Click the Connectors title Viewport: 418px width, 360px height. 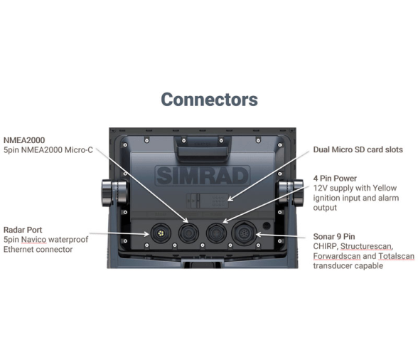209,100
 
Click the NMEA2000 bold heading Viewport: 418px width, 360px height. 24,140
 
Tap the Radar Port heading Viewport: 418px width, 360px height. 23,230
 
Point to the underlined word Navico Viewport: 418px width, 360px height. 33,240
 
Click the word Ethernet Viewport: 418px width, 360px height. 18,250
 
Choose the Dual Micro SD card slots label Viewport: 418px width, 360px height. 358,149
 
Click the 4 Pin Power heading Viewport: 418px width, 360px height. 335,179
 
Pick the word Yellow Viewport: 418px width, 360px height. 385,188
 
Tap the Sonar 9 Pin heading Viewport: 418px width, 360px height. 334,236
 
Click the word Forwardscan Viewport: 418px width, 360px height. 337,256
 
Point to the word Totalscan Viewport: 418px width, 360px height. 396,256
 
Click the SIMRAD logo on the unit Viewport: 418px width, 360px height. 203,176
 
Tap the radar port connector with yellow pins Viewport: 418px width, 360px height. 161,233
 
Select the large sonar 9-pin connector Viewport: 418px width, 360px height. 244,233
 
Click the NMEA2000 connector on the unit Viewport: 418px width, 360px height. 188,233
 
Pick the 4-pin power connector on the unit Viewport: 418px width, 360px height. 216,233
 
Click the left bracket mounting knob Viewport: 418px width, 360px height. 114,194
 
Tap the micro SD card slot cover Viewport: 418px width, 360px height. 207,201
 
